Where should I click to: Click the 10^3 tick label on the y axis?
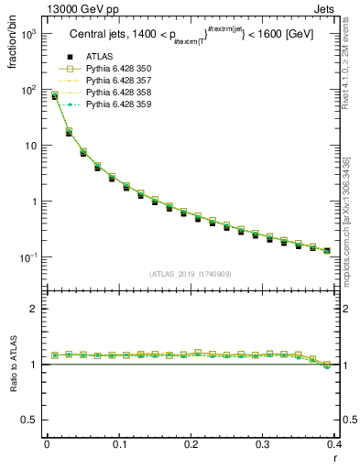29,34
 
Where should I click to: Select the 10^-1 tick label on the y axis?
29,257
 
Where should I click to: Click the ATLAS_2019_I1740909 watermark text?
191,274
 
